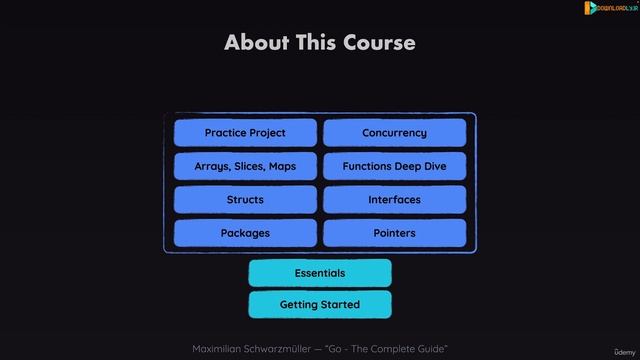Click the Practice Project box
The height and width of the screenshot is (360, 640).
tap(245, 133)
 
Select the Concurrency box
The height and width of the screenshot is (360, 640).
tap(394, 133)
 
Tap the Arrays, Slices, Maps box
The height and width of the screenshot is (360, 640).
tap(245, 166)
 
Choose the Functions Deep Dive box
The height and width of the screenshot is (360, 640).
tap(394, 166)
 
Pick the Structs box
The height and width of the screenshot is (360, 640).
tap(245, 200)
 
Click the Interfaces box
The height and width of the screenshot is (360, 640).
tap(394, 200)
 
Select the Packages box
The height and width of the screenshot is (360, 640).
tap(245, 233)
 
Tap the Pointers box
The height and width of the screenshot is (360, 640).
tap(394, 233)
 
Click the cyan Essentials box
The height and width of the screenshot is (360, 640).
tap(320, 273)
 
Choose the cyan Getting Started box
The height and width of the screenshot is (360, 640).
tap(320, 304)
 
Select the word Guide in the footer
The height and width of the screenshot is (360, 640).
tap(430, 347)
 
